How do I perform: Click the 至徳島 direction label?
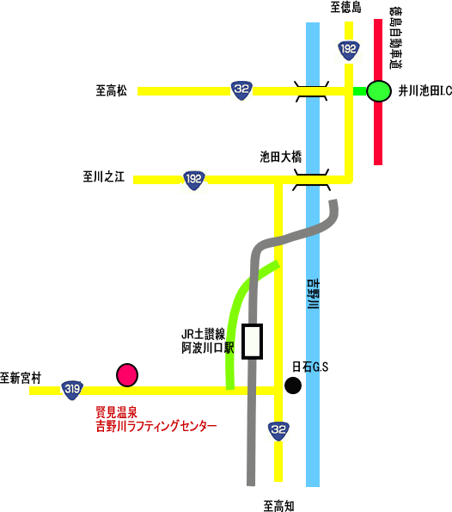click(345, 7)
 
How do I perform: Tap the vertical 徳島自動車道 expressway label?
click(395, 39)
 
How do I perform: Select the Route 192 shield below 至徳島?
click(349, 50)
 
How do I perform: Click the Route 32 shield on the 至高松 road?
click(241, 90)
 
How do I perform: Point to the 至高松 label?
click(111, 90)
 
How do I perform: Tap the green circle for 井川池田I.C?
click(379, 91)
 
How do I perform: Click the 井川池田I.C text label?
click(425, 91)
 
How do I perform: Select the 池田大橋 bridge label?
click(281, 157)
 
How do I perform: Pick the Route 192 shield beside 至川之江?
click(194, 180)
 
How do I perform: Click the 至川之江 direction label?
click(104, 176)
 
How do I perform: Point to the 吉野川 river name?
click(314, 293)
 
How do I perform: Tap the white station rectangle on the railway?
click(252, 342)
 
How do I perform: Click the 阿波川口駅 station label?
click(208, 349)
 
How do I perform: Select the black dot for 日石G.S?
click(293, 386)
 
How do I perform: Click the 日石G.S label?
click(310, 367)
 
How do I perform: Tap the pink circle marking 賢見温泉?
click(127, 375)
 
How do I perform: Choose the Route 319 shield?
click(72, 390)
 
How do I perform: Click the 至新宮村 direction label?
click(21, 378)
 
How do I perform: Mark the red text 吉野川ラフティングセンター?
click(156, 427)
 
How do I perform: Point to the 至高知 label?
click(278, 506)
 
